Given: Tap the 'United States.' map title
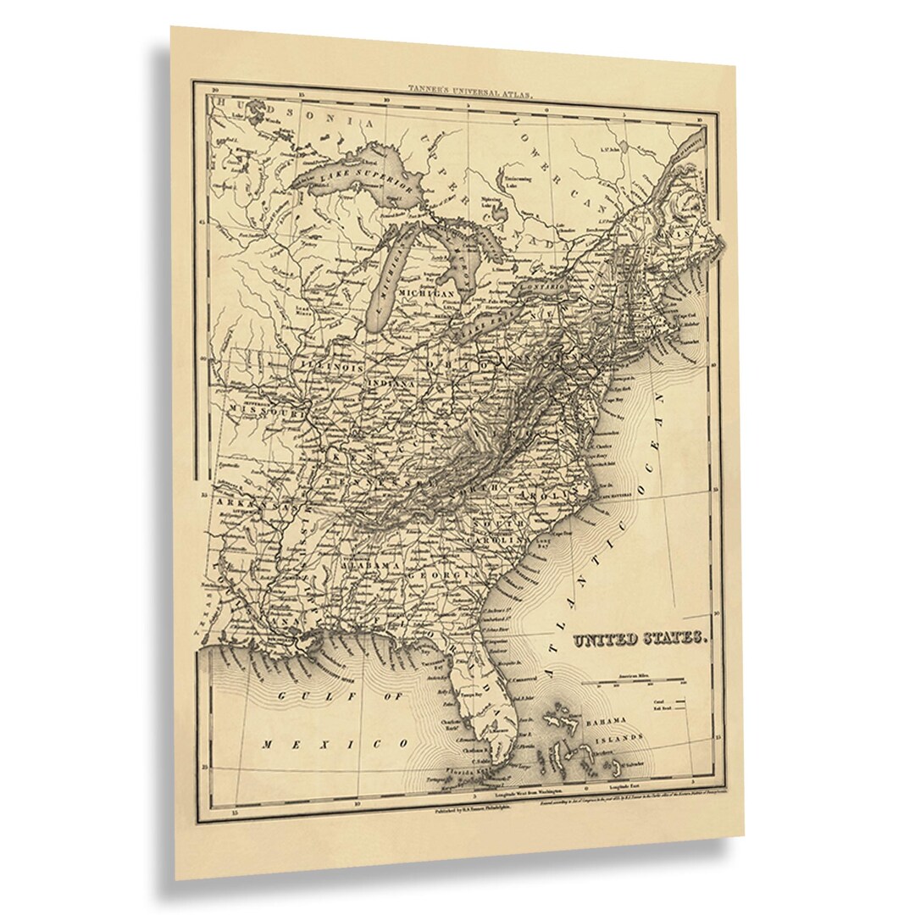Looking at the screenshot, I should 640,639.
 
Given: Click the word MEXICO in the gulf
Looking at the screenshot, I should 335,744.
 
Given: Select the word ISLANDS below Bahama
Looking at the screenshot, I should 619,739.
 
